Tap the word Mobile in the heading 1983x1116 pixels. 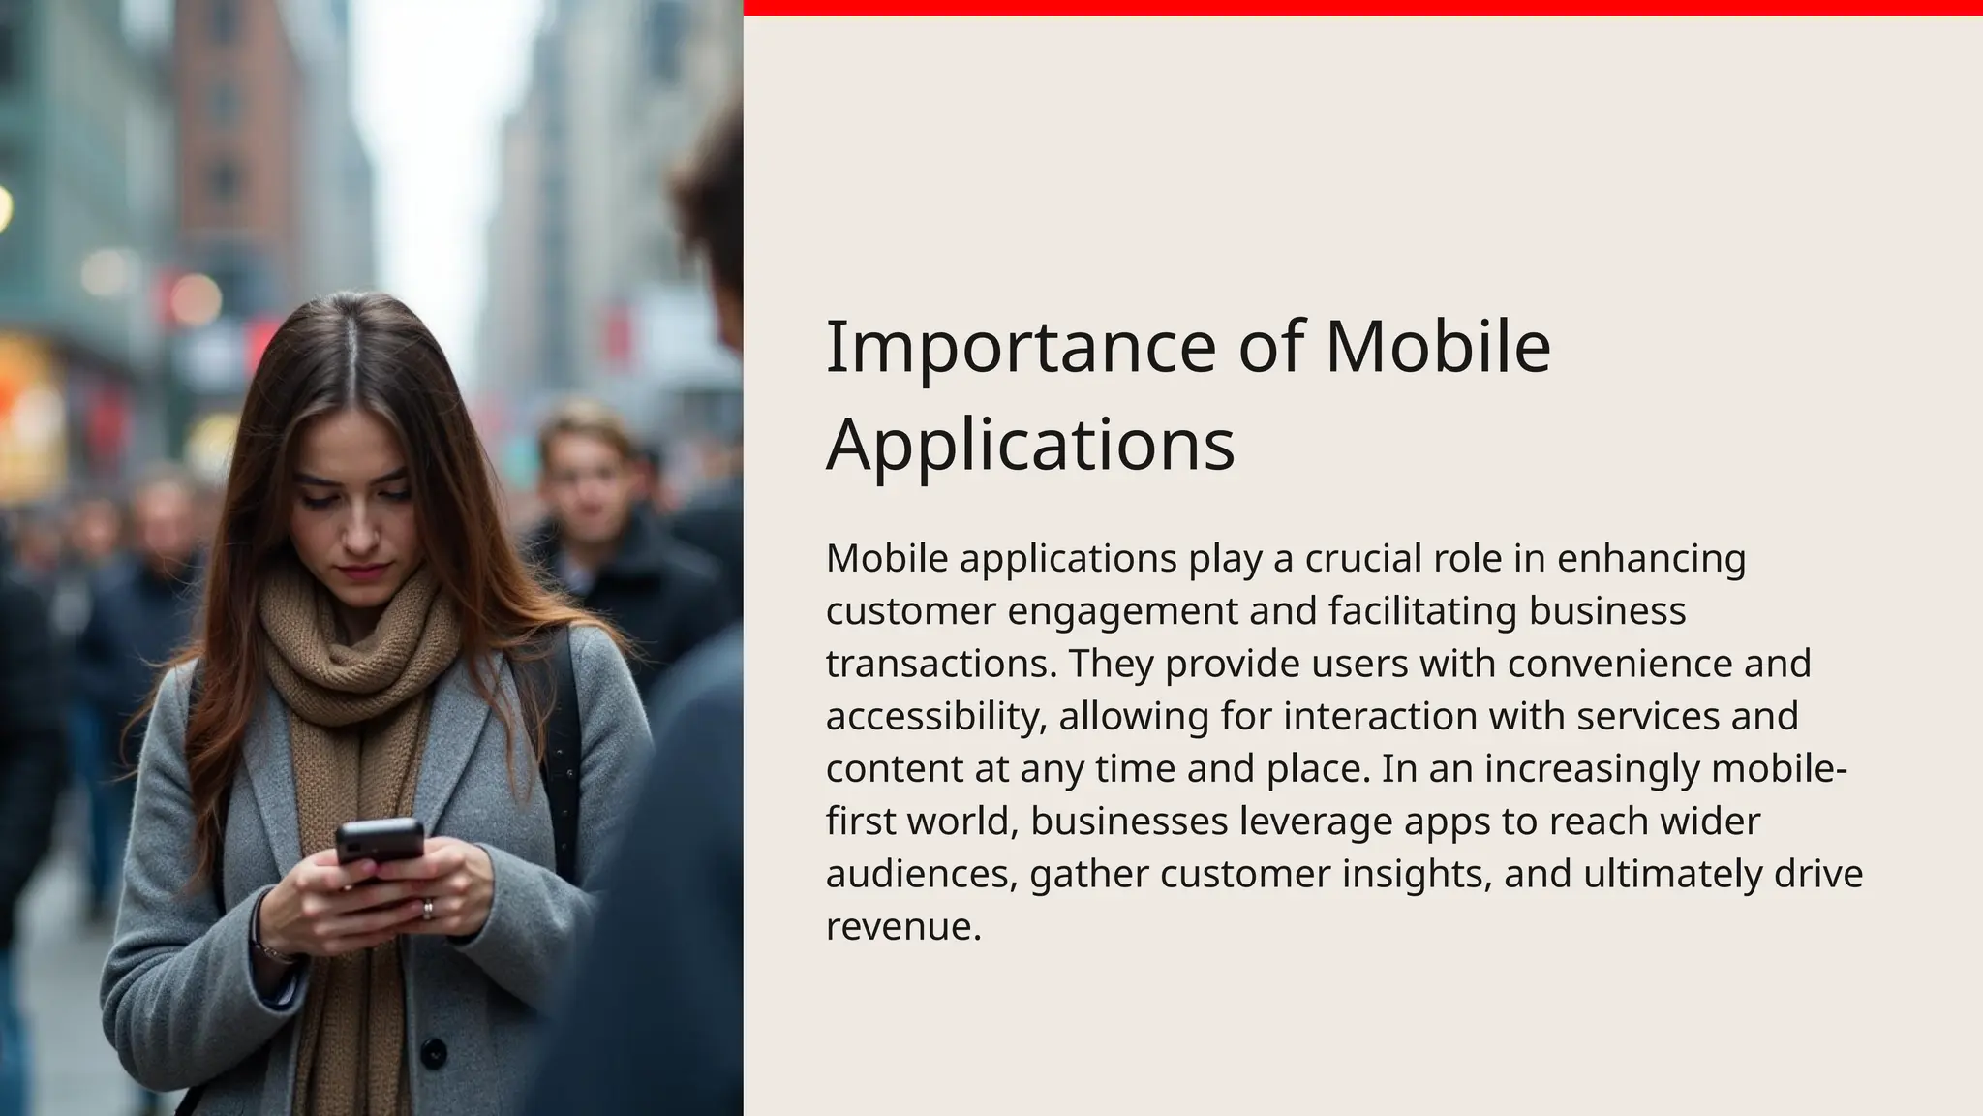tap(1438, 347)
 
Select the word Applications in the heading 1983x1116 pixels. tap(1030, 446)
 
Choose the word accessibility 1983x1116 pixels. tap(936, 717)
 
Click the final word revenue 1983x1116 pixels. tap(902, 927)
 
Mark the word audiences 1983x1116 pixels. tap(921, 874)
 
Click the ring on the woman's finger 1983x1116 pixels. tap(427, 909)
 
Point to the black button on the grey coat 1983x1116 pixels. tap(434, 1052)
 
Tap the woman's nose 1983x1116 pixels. tap(360, 531)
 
